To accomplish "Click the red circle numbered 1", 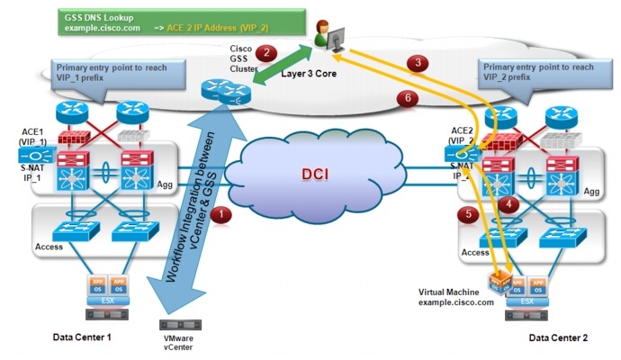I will coord(226,213).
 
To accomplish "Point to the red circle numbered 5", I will coord(466,214).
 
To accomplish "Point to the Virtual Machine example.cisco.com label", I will coord(456,297).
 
